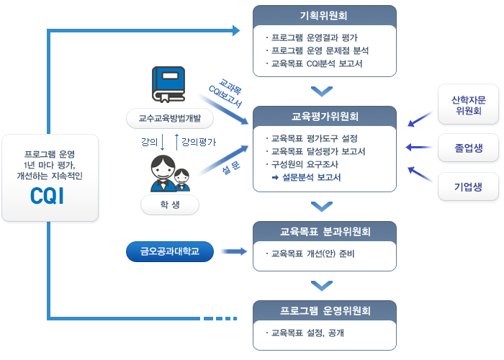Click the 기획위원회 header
325,15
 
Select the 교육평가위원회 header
325,116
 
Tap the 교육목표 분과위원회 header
325,231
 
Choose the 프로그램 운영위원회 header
325,311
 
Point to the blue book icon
168,84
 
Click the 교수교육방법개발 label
169,117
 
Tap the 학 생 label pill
170,204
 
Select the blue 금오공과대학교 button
170,252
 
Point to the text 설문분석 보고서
311,177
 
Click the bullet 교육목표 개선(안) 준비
311,253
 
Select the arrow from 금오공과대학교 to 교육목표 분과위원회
231,252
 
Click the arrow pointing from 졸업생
418,148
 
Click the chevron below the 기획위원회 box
322,91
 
